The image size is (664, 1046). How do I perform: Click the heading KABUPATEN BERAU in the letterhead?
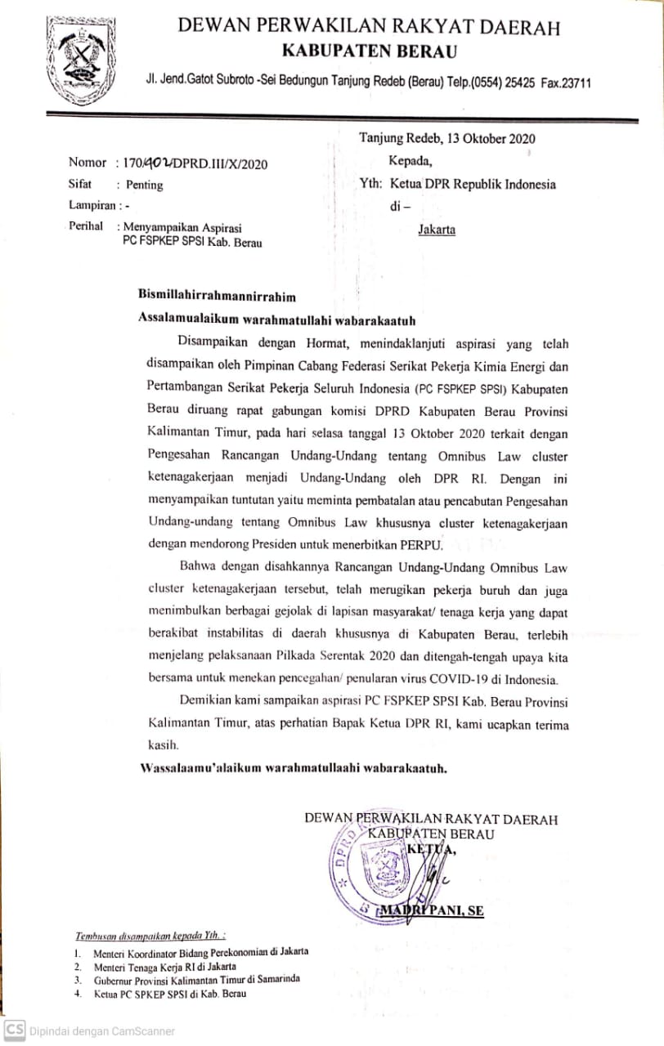(369, 52)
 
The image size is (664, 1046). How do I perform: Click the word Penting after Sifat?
(144, 185)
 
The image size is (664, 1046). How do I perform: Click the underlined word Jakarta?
(437, 230)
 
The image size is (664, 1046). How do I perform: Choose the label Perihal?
(86, 227)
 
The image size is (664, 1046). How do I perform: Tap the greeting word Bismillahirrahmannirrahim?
(217, 296)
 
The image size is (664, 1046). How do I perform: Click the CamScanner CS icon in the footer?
(15, 1030)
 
